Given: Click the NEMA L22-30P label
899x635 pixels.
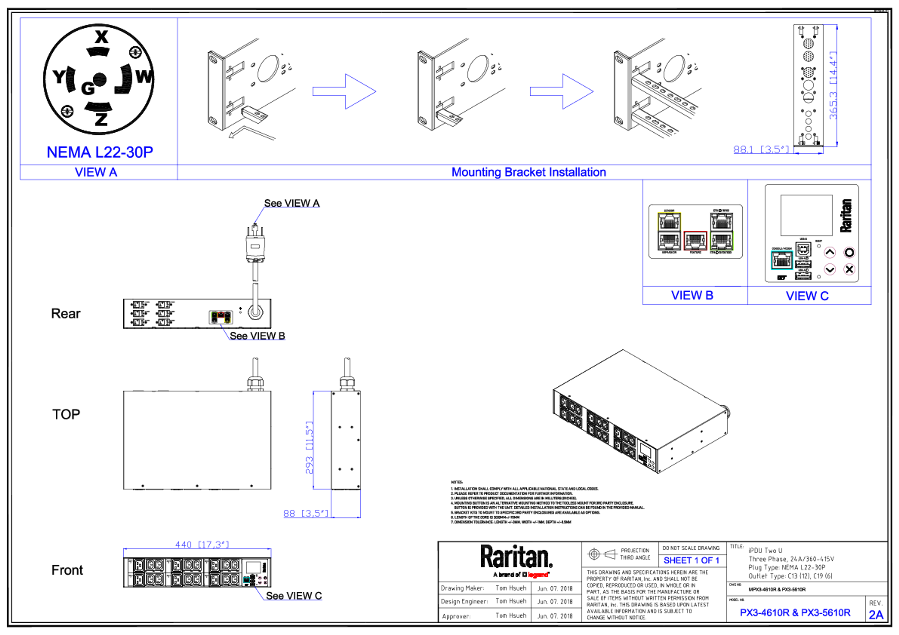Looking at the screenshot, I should pyautogui.click(x=100, y=152).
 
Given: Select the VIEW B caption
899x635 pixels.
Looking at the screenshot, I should pyautogui.click(x=692, y=295).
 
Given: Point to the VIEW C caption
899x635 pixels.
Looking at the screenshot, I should pyautogui.click(x=807, y=296).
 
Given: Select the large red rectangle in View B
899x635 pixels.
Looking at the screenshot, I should pyautogui.click(x=695, y=241).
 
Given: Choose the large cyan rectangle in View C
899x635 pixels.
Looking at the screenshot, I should pyautogui.click(x=782, y=260).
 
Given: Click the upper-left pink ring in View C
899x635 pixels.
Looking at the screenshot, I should pyautogui.click(x=829, y=252).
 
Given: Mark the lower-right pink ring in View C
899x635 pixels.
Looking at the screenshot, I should pyautogui.click(x=849, y=269).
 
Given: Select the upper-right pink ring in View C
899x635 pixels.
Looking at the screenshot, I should pyautogui.click(x=849, y=252).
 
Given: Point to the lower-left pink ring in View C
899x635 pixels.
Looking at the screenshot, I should pyautogui.click(x=829, y=269).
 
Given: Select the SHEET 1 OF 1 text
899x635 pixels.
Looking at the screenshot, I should pyautogui.click(x=691, y=561).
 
